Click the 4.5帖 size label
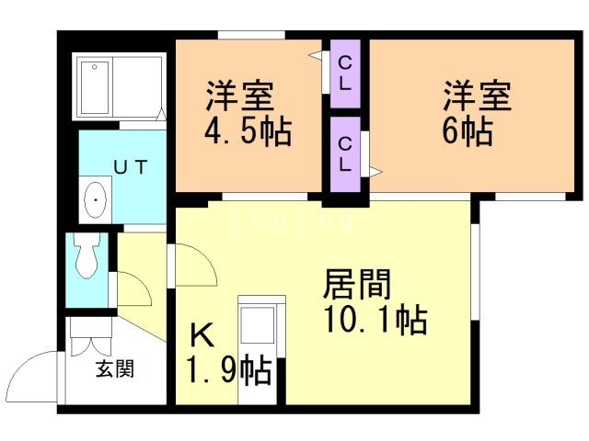[247, 131]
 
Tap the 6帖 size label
[466, 131]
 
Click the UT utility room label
[132, 166]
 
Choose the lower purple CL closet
[345, 154]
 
